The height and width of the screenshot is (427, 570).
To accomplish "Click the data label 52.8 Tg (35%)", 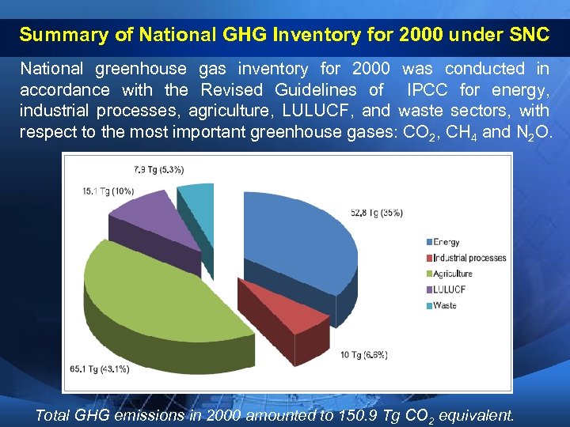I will [376, 213].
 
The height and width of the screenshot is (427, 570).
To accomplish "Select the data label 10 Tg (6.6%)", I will [363, 355].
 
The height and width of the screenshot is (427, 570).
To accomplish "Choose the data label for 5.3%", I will [158, 168].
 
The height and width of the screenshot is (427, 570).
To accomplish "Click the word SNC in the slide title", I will [524, 35].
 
